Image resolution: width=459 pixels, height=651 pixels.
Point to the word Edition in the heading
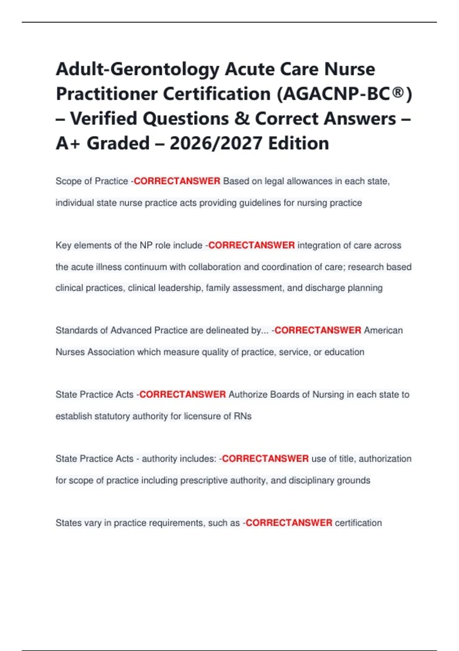coord(298,144)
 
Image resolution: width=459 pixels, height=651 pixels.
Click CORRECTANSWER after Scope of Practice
coord(177,181)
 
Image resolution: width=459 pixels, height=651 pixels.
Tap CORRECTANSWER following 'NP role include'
coord(251,245)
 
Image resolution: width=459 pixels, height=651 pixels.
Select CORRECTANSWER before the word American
coord(318,330)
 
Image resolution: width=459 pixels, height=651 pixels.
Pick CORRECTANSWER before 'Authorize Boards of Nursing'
coord(182,395)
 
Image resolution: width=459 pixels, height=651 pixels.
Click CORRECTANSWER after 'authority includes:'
coord(265,459)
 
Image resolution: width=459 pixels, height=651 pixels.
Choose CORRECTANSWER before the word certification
coord(289,523)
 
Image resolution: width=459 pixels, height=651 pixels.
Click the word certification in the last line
coord(358,523)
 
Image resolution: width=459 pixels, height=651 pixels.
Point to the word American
coord(383,330)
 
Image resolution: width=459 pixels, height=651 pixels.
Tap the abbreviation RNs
coord(243,416)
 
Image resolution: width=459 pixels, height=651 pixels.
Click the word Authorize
coord(248,395)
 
